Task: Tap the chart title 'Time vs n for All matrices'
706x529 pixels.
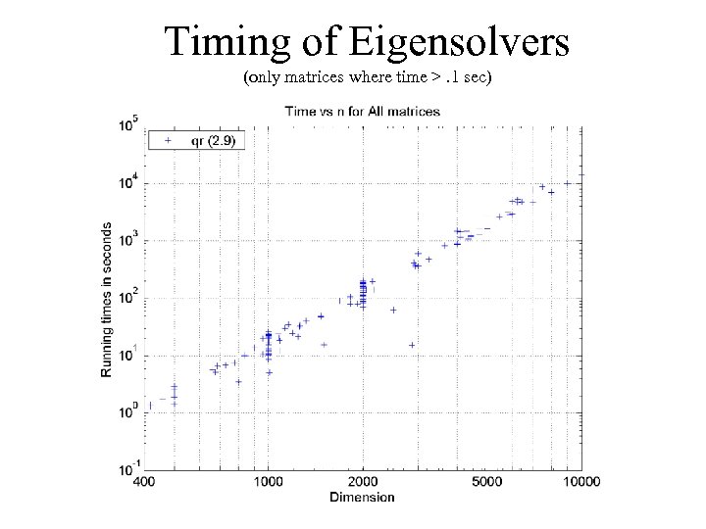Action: [362, 111]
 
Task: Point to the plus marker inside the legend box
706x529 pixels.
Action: [168, 140]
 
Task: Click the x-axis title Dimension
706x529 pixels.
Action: [363, 497]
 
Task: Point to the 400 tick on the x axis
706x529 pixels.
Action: [143, 481]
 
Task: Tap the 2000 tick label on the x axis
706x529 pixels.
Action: [363, 481]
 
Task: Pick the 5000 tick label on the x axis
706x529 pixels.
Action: [487, 481]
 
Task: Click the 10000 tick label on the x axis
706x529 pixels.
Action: [580, 481]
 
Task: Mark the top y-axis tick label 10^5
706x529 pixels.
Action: [128, 124]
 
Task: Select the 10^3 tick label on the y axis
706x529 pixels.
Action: [128, 239]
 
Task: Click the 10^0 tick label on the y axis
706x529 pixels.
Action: [128, 411]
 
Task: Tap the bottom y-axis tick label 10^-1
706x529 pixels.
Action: [128, 467]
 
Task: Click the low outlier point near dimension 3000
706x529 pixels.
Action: [412, 344]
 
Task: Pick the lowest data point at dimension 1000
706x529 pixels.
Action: [269, 372]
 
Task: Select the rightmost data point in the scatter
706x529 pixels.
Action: [567, 183]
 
